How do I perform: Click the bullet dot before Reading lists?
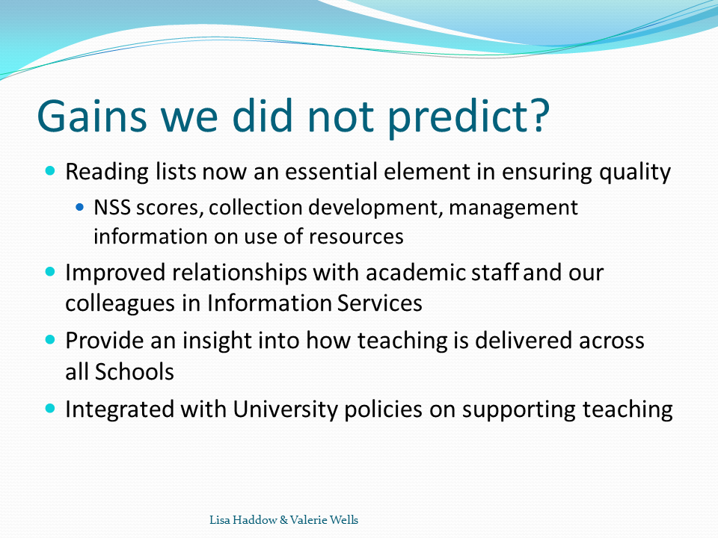[50, 171]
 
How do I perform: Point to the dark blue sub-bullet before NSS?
[80, 207]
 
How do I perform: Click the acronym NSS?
[112, 208]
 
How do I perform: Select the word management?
[513, 208]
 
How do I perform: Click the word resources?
[356, 237]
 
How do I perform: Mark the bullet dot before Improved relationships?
[50, 272]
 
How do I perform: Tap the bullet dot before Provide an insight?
[50, 341]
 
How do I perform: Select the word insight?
[217, 341]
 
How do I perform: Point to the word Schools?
[134, 371]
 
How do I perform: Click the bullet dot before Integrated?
[50, 408]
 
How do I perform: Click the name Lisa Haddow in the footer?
[243, 520]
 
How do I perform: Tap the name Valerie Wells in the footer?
[324, 520]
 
